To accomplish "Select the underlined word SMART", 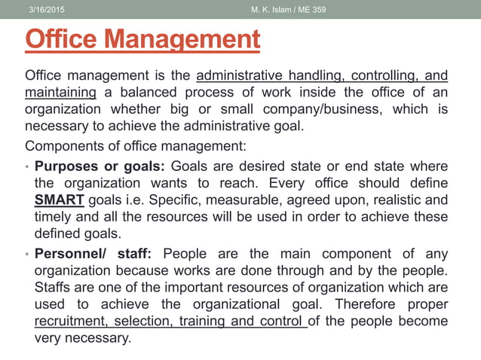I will [x=60, y=200].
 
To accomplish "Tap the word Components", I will [x=63, y=144].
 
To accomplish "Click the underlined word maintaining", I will [x=60, y=92].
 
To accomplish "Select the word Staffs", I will [x=55, y=287].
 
